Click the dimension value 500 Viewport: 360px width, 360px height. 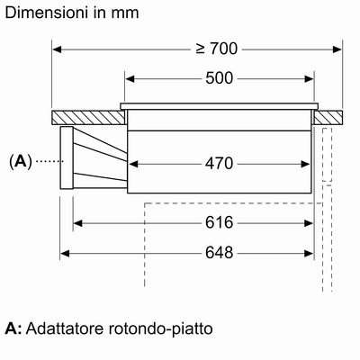[220, 78]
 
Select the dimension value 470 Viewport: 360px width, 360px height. [220, 164]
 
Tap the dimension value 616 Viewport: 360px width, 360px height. [220, 222]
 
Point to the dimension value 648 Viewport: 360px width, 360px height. [220, 253]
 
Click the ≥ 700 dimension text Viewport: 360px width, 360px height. [217, 49]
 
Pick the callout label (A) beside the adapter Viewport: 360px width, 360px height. [21, 162]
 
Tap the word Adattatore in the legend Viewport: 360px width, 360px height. [65, 328]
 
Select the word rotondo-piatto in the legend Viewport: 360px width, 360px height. [160, 329]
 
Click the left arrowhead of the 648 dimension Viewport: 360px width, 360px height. [65, 254]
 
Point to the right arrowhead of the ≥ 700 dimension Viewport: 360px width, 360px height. [337, 49]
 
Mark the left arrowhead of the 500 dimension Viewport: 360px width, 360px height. [130, 79]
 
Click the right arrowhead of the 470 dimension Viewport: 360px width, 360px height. [305, 164]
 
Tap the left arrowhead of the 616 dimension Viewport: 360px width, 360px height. [78, 223]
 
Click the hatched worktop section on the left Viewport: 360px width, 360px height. [88, 118]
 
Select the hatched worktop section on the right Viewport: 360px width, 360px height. [328, 118]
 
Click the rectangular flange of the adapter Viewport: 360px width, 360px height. [67, 157]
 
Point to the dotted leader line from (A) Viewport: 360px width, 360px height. [49, 162]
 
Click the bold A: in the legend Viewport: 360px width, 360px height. [13, 328]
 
